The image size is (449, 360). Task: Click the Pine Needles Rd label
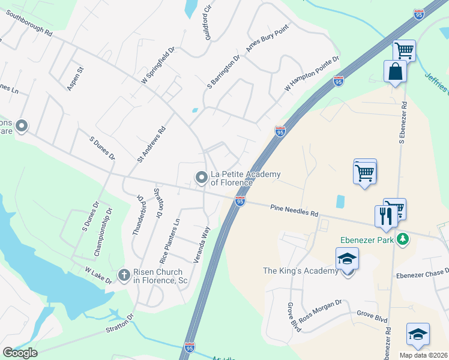[x=294, y=211]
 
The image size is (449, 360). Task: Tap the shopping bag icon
[x=396, y=72]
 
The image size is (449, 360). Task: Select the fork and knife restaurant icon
[x=384, y=215]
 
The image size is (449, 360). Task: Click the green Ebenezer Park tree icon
[x=405, y=239]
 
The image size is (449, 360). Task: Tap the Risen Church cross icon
[x=124, y=275]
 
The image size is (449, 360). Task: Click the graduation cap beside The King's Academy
[x=347, y=259]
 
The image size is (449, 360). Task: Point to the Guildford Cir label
[x=208, y=23]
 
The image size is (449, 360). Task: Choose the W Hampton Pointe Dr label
[x=312, y=74]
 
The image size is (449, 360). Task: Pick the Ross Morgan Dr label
[x=320, y=310]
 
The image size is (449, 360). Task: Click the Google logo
[x=20, y=353]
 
